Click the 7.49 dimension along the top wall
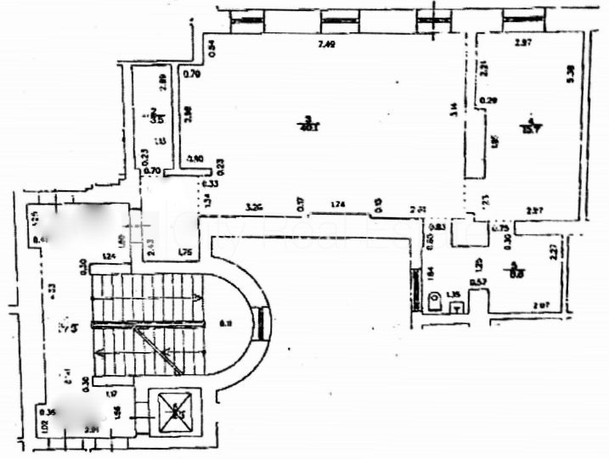click(326, 45)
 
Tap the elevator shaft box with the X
click(177, 413)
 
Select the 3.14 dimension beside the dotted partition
click(454, 108)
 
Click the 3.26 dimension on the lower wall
click(253, 206)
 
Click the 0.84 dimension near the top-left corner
click(212, 48)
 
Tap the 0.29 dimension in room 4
click(488, 101)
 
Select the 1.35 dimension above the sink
click(454, 294)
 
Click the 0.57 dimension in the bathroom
click(478, 282)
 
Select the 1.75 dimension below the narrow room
click(184, 252)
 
